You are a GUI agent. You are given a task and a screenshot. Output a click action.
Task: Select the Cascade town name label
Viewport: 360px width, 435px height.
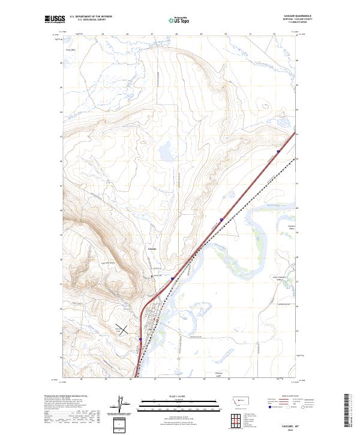coord(152,248)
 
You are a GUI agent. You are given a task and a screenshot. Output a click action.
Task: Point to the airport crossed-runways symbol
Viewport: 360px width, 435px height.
coord(122,329)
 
